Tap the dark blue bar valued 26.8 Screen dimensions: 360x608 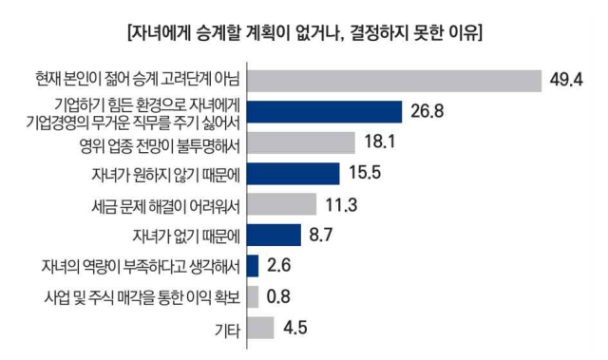point(324,111)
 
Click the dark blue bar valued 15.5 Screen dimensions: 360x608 point(293,173)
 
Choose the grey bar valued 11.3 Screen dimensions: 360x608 point(280,204)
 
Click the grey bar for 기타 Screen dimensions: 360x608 point(260,328)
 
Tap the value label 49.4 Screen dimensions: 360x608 point(565,80)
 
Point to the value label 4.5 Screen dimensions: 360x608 point(294,328)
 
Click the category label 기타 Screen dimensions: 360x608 point(226,329)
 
